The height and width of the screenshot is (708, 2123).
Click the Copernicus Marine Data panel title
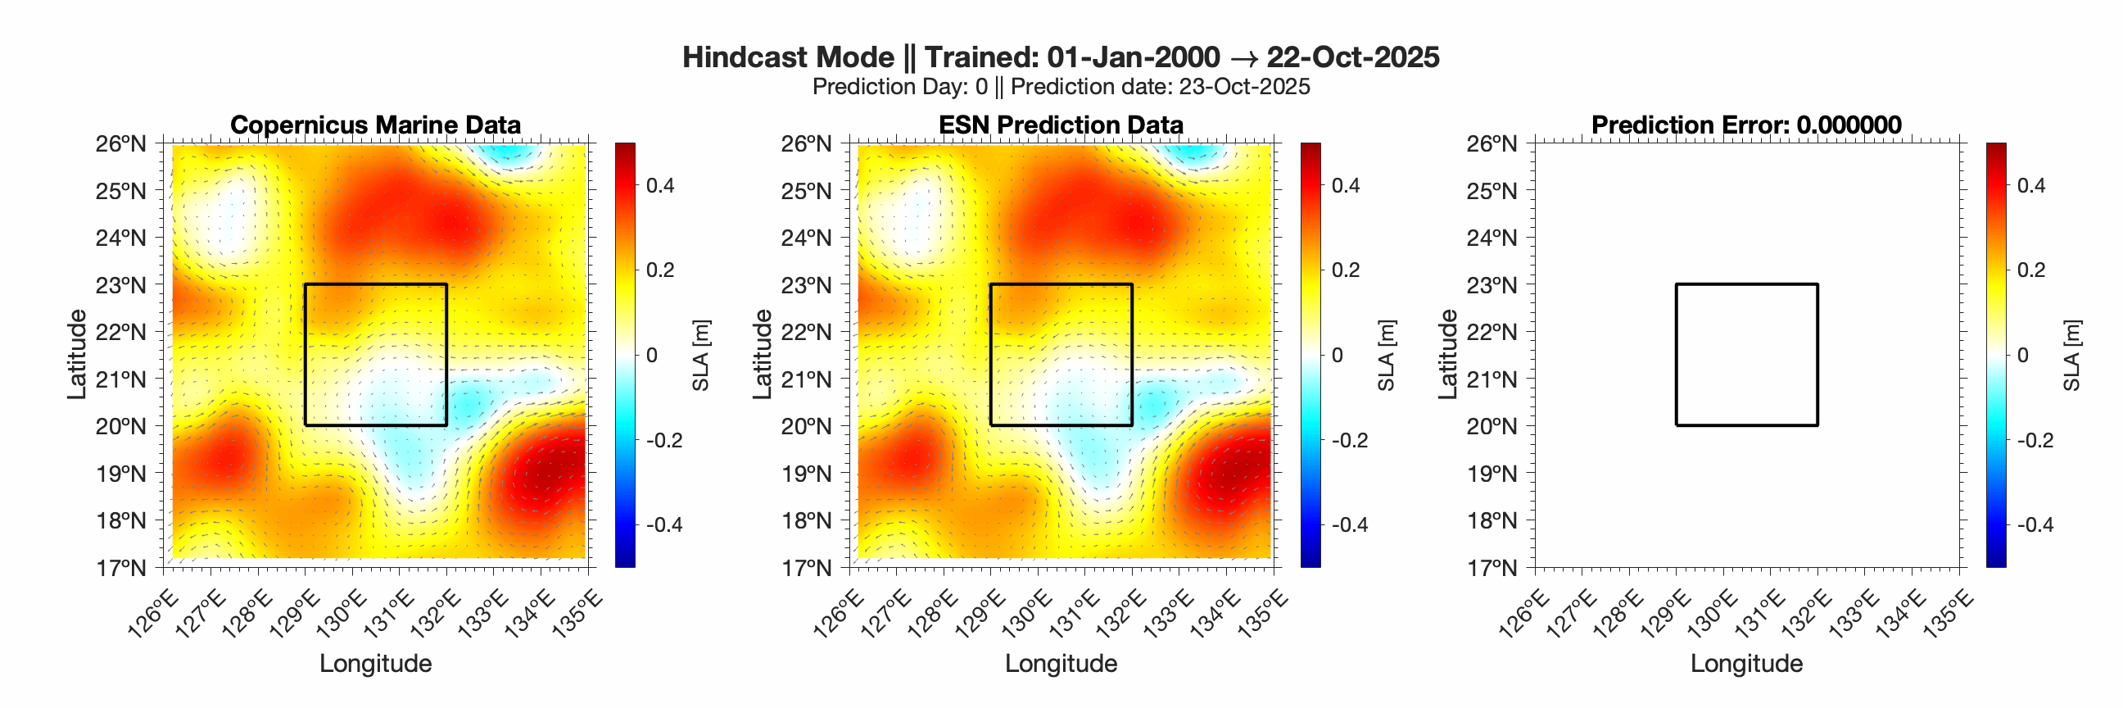(375, 125)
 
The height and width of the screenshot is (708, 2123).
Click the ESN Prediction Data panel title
(1061, 125)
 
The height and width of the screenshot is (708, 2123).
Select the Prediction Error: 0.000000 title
(1746, 125)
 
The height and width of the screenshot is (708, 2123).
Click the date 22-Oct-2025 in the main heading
(1352, 57)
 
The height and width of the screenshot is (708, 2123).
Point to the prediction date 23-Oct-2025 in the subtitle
(1243, 88)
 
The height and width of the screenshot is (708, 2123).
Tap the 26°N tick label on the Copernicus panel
(121, 144)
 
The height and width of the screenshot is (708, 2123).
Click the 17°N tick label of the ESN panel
(807, 568)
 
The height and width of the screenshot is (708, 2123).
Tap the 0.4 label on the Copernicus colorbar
(659, 185)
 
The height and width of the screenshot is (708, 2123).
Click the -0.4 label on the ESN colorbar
(1345, 525)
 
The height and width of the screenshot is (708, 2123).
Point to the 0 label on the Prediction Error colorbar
(2021, 356)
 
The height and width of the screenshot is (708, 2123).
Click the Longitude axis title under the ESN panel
(1061, 664)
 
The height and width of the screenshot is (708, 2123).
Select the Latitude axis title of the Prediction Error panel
(1447, 355)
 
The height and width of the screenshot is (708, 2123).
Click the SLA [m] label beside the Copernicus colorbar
(700, 356)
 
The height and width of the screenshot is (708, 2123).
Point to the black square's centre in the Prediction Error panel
(1746, 355)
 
